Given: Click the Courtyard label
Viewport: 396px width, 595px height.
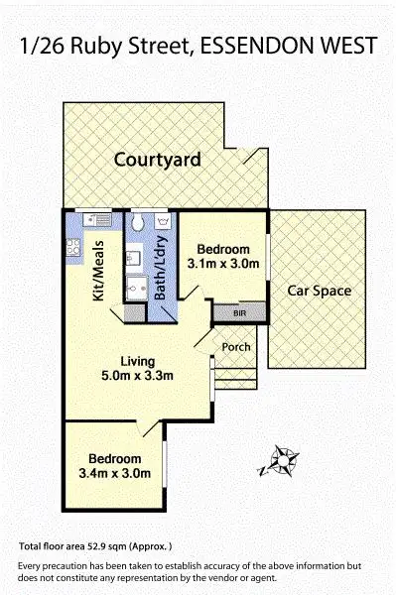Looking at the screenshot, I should point(157,160).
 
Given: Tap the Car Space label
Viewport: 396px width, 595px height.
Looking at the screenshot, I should point(321,292).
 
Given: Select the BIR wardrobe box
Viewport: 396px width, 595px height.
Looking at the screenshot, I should point(239,313).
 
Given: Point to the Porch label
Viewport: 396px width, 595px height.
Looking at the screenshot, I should point(236,347).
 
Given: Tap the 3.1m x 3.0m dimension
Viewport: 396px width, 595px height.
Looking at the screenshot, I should point(223,264).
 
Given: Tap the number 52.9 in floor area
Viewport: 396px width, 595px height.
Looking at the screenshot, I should point(101,546).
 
